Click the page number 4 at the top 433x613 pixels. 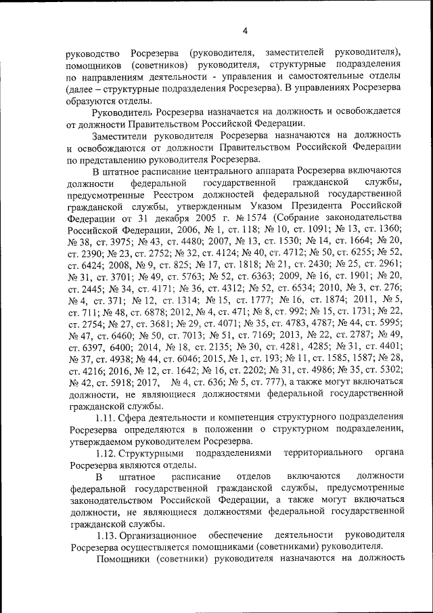pos(246,30)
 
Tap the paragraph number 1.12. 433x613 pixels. pos(108,453)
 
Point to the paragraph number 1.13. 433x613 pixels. pos(108,535)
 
